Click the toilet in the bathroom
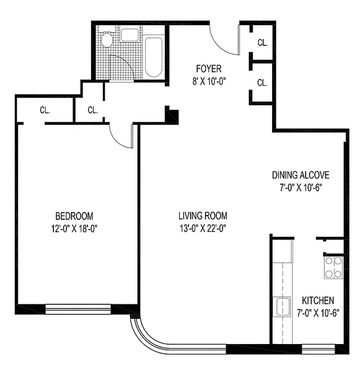tap(106, 38)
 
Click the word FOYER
tap(208, 69)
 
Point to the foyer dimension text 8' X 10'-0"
tap(209, 81)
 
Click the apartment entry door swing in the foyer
tap(224, 41)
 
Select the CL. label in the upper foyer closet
tap(262, 43)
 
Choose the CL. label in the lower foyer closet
tap(262, 83)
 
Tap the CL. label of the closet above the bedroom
tap(45, 110)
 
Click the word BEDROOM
tap(74, 216)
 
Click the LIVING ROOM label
tap(202, 216)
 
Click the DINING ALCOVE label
tap(300, 175)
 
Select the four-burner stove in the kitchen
tap(334, 268)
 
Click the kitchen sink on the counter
tap(283, 306)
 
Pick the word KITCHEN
tap(315, 301)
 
